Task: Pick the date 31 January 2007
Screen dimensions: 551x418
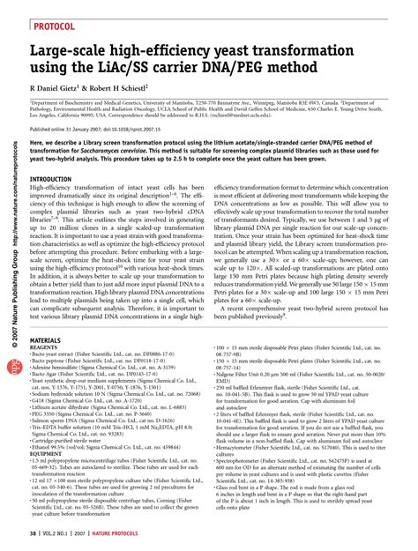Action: click(103, 152)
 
